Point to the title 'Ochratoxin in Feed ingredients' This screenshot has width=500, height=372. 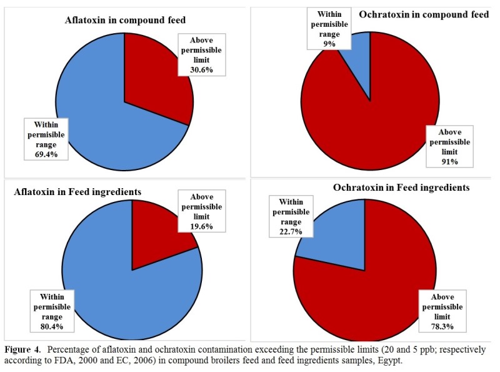click(x=401, y=187)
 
